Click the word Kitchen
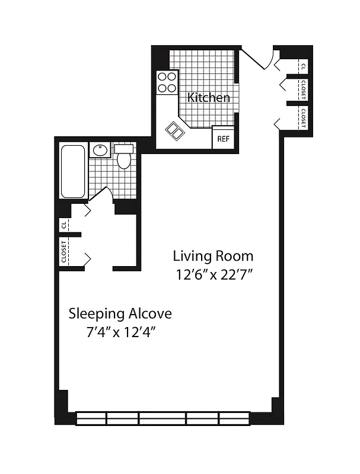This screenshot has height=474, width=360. [209, 97]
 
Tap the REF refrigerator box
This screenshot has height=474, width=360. [223, 139]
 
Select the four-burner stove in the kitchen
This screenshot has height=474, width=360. [167, 82]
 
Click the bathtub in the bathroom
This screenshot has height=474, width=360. [74, 171]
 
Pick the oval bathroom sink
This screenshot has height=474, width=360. [99, 150]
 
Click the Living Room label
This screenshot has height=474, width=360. [213, 256]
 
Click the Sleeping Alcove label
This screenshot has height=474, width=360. [120, 312]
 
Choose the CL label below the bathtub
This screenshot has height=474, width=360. [63, 225]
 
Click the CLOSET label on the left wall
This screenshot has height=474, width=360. [63, 251]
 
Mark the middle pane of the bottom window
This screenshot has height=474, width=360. [163, 419]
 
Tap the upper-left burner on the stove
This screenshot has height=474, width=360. [163, 77]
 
